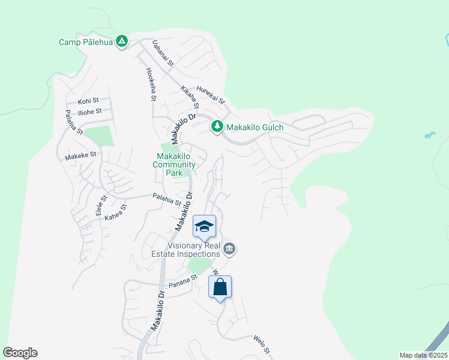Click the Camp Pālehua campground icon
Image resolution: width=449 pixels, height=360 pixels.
(x=122, y=41)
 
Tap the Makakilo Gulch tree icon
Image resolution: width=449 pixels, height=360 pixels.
(x=217, y=127)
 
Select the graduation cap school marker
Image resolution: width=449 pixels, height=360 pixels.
(x=204, y=226)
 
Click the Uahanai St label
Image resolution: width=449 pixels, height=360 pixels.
(x=162, y=53)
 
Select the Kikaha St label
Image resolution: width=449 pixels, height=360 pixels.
(x=190, y=98)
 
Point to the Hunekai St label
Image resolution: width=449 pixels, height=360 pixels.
(x=210, y=93)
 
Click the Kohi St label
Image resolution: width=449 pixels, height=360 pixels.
(x=88, y=101)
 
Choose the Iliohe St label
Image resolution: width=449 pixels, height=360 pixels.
(x=90, y=111)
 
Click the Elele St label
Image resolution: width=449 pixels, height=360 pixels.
(x=101, y=206)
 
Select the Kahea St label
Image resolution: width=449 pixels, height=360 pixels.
(x=117, y=212)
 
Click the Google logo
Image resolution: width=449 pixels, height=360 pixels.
(x=20, y=353)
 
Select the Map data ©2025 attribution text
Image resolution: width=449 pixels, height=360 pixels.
(x=423, y=355)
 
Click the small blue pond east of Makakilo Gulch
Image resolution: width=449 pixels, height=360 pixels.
(x=429, y=135)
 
